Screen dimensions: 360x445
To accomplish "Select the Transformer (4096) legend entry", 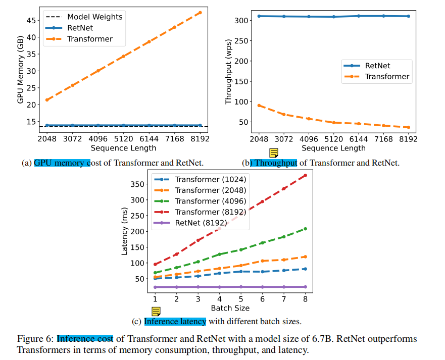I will pyautogui.click(x=210, y=201).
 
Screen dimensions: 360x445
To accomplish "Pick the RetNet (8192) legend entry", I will pyautogui.click(x=201, y=223).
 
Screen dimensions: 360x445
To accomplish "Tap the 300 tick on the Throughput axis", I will pyautogui.click(x=242, y=21).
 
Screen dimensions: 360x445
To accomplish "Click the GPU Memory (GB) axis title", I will pyautogui.click(x=20, y=71).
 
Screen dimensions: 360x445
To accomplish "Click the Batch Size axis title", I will pyautogui.click(x=230, y=307).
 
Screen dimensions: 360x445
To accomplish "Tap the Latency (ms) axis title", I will pyautogui.click(x=125, y=233).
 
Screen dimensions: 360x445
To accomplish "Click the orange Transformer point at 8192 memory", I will pyautogui.click(x=200, y=13).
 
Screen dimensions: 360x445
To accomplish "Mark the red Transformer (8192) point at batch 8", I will pyautogui.click(x=305, y=175).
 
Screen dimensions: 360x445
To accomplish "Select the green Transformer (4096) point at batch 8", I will pyautogui.click(x=305, y=229).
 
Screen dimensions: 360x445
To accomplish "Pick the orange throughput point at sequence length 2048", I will pyautogui.click(x=259, y=106).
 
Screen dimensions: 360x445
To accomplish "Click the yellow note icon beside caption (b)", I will pyautogui.click(x=274, y=153).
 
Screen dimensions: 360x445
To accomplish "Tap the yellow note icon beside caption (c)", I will pyautogui.click(x=156, y=312).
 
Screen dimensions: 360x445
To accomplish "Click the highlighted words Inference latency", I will pyautogui.click(x=175, y=322).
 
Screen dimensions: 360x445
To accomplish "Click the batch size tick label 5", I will pyautogui.click(x=241, y=299).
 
